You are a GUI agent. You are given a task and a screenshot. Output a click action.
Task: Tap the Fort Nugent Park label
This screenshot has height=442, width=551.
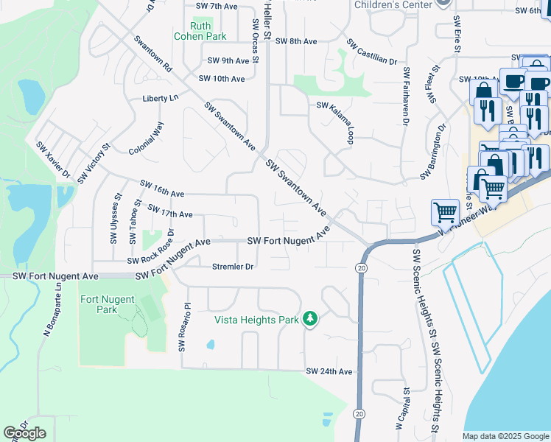[x=108, y=304]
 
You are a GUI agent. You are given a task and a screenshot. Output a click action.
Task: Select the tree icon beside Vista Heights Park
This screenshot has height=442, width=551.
[x=312, y=319]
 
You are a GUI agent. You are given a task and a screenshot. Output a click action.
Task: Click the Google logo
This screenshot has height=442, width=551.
[x=24, y=433]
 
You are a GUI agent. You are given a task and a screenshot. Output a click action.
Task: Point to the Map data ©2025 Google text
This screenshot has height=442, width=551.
[x=505, y=436]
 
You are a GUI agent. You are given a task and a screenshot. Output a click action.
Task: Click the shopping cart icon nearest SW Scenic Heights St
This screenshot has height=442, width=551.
[x=445, y=213]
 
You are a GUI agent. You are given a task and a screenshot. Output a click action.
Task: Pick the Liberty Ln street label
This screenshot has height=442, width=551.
[x=161, y=97]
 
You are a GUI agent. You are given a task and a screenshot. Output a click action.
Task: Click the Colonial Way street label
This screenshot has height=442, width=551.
[x=146, y=138]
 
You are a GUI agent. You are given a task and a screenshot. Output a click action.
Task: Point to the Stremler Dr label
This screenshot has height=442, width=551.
[x=233, y=266]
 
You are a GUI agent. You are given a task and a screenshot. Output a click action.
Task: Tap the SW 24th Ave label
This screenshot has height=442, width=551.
[x=329, y=371]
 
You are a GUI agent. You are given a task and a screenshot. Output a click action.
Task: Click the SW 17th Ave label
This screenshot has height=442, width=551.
[x=170, y=212]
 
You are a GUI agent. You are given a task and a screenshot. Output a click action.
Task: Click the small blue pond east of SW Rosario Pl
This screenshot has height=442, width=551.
[x=211, y=344]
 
